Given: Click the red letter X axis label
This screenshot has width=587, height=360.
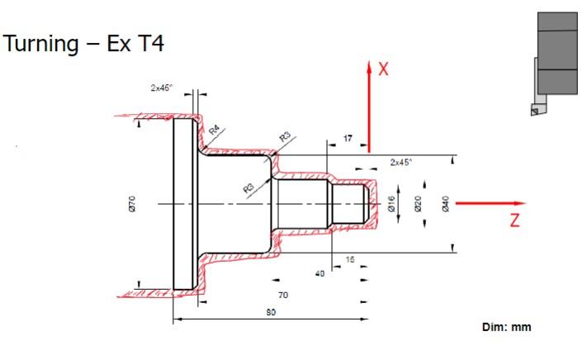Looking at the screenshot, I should (x=383, y=69).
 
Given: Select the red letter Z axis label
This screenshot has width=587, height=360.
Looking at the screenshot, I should (x=514, y=221).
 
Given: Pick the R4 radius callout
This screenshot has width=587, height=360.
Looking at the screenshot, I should (x=215, y=130).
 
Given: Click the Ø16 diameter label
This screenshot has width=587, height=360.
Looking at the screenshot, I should (x=392, y=203).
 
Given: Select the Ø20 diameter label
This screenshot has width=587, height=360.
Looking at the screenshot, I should (x=419, y=203).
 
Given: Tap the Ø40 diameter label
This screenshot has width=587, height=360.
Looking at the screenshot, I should (x=446, y=203).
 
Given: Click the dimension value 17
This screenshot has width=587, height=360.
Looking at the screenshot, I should (x=348, y=139).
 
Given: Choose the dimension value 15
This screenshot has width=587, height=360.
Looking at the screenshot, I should (x=349, y=260).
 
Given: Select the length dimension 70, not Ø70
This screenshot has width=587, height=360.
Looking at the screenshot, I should (x=283, y=294).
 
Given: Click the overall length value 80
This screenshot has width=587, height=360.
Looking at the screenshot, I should (x=272, y=312).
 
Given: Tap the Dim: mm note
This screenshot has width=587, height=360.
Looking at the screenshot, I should (x=507, y=327).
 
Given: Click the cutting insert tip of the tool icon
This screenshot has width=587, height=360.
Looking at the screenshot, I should (x=533, y=109).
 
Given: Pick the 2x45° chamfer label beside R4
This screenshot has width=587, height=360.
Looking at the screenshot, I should (x=163, y=88).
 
